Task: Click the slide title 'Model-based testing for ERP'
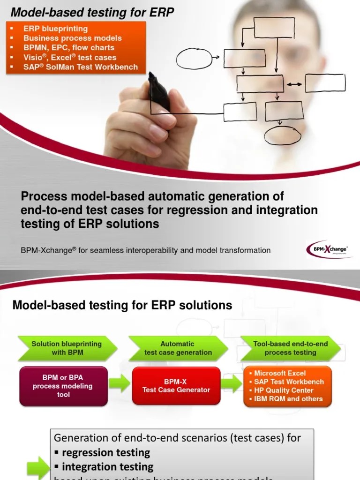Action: [x=92, y=13]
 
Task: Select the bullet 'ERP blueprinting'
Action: [x=55, y=29]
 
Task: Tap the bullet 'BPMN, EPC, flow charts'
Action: [x=69, y=47]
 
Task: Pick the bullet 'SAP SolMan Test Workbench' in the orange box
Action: [x=81, y=67]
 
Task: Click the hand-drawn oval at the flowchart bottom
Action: [x=282, y=135]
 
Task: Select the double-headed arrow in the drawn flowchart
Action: [x=294, y=84]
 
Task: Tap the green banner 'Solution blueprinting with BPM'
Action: [x=67, y=348]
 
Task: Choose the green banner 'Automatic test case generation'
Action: [x=178, y=348]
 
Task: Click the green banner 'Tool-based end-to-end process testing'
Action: [x=290, y=348]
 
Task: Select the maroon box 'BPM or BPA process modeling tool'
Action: [x=63, y=386]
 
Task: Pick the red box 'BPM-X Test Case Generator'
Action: [x=176, y=386]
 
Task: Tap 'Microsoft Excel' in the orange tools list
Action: [x=279, y=373]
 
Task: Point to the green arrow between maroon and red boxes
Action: [x=120, y=384]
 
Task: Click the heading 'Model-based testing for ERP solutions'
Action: [x=122, y=306]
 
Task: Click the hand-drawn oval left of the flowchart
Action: [x=194, y=58]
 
